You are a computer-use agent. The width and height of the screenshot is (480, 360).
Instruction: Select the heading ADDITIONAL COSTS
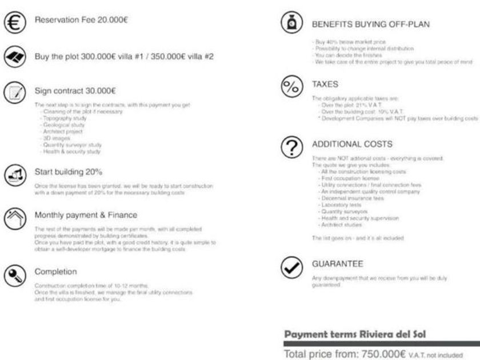351,144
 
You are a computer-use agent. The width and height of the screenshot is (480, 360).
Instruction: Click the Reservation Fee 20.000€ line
81,20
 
